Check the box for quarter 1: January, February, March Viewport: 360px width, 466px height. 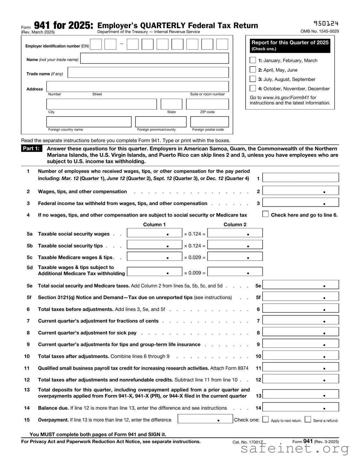253,60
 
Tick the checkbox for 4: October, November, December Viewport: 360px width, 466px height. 253,88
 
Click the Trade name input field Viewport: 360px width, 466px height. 148,72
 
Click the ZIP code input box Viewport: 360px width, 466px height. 207,104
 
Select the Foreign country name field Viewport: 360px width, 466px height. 89,122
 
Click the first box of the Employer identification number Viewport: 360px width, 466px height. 96,44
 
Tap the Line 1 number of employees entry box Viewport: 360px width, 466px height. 300,177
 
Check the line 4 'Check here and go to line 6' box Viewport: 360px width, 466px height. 266,214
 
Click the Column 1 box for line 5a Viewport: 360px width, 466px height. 154,233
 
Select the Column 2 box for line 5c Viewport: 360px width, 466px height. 235,257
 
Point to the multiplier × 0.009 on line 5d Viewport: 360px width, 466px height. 194,273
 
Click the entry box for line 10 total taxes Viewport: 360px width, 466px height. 300,355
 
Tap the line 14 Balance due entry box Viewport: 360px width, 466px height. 300,407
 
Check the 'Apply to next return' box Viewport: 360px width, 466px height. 266,419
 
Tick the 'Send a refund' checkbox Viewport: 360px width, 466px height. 308,419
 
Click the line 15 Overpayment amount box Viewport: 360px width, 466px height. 205,419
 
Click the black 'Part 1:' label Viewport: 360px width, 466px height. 31,149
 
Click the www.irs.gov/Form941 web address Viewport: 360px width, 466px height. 286,98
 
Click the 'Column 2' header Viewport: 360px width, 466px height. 235,225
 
